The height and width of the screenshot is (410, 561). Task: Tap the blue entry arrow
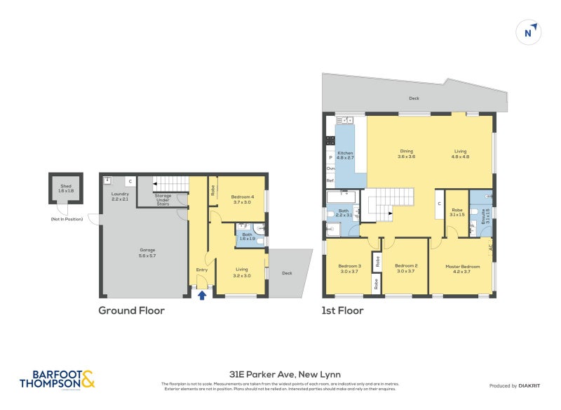click(202, 296)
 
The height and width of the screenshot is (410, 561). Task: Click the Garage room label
click(147, 251)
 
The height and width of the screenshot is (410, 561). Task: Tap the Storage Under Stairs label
click(163, 200)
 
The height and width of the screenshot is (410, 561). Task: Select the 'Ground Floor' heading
click(131, 310)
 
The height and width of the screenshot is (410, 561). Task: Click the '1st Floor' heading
click(344, 310)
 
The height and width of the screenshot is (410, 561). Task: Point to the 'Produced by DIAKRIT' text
click(518, 386)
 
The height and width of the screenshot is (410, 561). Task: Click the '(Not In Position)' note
click(66, 220)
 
